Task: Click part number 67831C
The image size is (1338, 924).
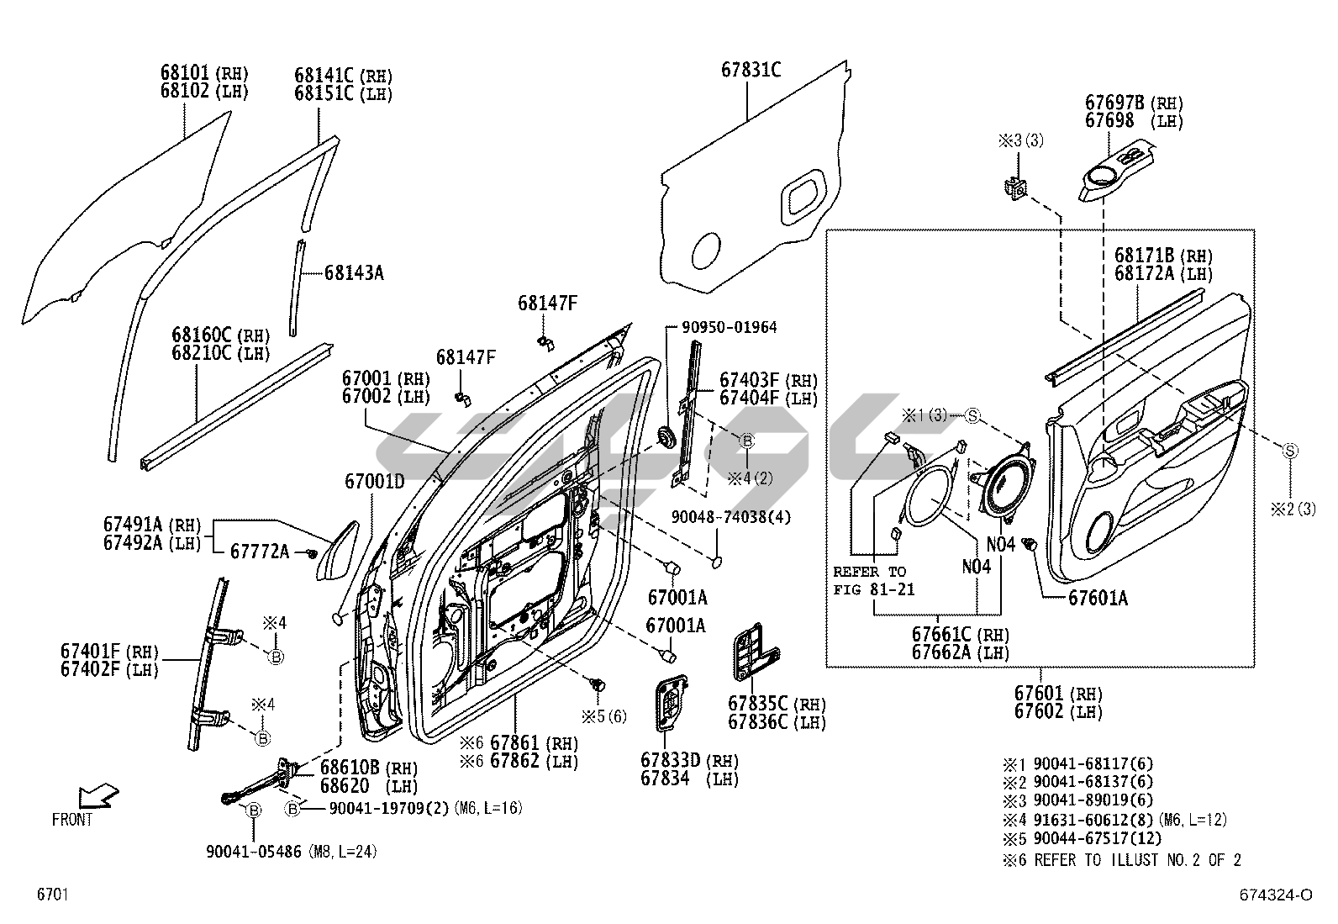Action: pyautogui.click(x=751, y=70)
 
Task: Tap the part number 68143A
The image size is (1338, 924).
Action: pyautogui.click(x=354, y=272)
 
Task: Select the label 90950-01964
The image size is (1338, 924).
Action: pyautogui.click(x=729, y=327)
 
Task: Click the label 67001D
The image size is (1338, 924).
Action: pyautogui.click(x=374, y=482)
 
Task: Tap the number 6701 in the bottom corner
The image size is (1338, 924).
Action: pyautogui.click(x=51, y=895)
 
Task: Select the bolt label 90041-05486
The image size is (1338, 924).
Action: pyautogui.click(x=253, y=852)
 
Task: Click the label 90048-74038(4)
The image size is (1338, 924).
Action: pyautogui.click(x=730, y=516)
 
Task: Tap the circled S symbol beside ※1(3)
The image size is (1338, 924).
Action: pyautogui.click(x=972, y=415)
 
